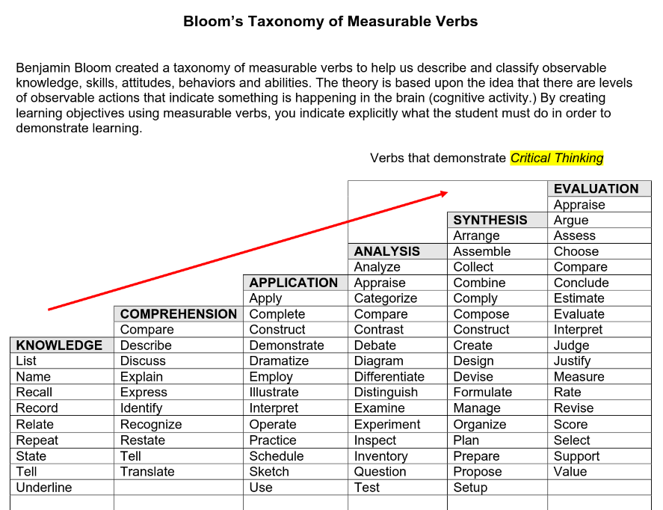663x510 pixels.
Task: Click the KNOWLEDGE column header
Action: [60, 345]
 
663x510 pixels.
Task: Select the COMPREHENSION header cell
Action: [179, 314]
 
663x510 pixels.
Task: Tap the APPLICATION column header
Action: [294, 283]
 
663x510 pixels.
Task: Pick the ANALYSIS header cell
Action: [387, 251]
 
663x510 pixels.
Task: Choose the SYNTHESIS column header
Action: [490, 220]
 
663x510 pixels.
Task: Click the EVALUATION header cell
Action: [596, 188]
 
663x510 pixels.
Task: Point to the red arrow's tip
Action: [446, 193]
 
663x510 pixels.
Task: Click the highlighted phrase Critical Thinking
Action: [557, 158]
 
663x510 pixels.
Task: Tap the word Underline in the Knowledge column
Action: [44, 488]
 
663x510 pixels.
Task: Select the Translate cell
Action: [147, 472]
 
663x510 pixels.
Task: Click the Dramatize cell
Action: [279, 361]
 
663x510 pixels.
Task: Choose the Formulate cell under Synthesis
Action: [483, 393]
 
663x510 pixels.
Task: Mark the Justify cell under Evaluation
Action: [572, 361]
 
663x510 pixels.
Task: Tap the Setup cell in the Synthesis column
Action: [470, 488]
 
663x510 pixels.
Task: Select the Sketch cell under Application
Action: [269, 472]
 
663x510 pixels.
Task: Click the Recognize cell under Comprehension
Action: [151, 425]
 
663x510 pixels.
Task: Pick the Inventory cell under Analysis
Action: [381, 456]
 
